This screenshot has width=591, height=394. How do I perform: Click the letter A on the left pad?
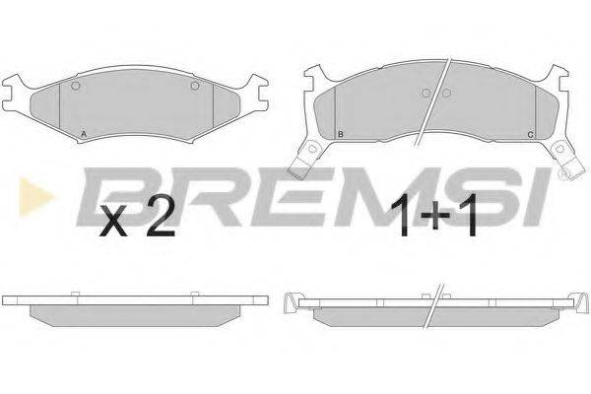[x=84, y=134]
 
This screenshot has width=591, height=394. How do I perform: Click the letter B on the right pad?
[x=341, y=134]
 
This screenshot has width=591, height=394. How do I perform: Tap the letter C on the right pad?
[x=530, y=135]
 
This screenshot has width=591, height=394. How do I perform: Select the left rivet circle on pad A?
[x=76, y=86]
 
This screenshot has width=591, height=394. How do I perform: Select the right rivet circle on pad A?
[x=194, y=86]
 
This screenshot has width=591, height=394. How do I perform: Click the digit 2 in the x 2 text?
[x=161, y=217]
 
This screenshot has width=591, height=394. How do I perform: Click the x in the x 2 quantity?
[x=113, y=223]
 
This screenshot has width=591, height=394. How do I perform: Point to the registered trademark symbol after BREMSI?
[x=563, y=173]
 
